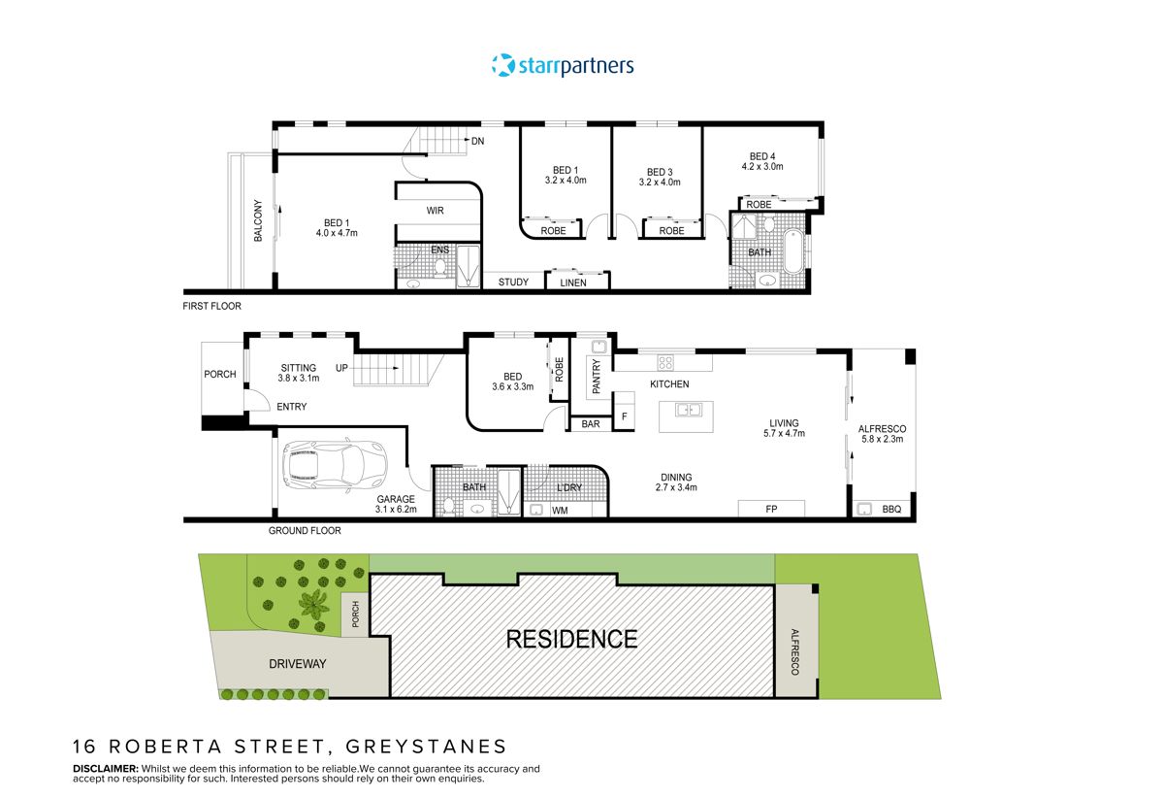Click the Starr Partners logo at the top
(x=563, y=66)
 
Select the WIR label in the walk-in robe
(x=436, y=211)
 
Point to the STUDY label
(x=513, y=283)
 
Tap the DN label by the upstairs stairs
(x=477, y=142)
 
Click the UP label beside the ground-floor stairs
(x=341, y=369)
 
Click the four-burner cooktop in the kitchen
(x=666, y=363)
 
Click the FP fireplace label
(x=771, y=508)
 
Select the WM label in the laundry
(x=560, y=511)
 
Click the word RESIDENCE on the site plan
(x=572, y=640)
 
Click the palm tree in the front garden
(x=312, y=605)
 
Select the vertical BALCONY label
(x=258, y=221)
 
